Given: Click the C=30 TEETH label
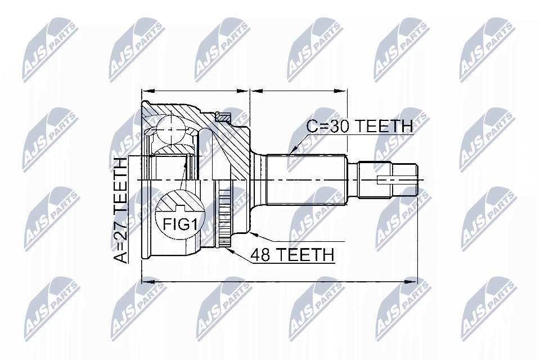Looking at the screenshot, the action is [x=359, y=127].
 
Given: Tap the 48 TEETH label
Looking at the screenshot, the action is [x=292, y=255].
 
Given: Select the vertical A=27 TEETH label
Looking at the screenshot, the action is [x=120, y=210].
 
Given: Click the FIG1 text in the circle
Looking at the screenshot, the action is [x=180, y=225].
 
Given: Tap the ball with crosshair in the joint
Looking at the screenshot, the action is [x=171, y=129].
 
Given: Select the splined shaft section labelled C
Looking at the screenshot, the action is [x=307, y=180].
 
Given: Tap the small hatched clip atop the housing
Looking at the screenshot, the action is [x=223, y=117].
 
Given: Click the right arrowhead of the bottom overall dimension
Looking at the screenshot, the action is [x=411, y=281].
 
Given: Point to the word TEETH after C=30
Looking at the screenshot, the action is [x=384, y=127].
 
